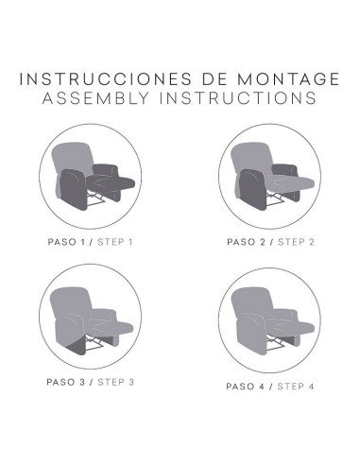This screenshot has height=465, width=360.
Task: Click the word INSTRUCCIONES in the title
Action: [105, 78]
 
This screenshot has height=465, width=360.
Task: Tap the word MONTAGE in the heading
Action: [288, 78]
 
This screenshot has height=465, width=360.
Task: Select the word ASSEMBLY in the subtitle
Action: [95, 98]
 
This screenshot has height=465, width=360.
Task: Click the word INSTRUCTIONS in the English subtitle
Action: [238, 98]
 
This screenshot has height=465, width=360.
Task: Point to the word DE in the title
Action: [214, 78]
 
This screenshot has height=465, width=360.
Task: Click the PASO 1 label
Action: [66, 242]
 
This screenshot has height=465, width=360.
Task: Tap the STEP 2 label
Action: [296, 242]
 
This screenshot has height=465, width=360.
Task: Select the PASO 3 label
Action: [66, 382]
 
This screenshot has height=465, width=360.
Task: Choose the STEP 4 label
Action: [296, 387]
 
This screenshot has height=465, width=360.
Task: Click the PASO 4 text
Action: [246, 387]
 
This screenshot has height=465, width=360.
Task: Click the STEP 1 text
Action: [115, 242]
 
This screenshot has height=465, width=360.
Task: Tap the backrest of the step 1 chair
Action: [72, 158]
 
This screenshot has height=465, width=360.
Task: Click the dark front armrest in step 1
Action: [73, 190]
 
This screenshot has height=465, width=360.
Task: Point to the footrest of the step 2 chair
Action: [293, 182]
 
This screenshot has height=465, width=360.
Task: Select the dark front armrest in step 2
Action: [252, 190]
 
